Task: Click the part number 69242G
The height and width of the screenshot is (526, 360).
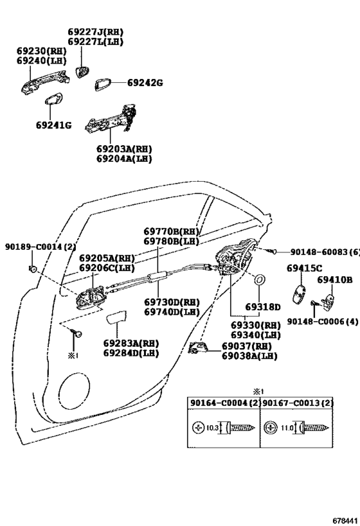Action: tap(145, 82)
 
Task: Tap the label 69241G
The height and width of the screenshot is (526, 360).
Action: tap(54, 125)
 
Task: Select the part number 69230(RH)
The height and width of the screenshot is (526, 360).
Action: tap(42, 51)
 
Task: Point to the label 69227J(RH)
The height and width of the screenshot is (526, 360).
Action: tap(96, 32)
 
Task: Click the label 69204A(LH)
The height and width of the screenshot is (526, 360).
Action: tap(124, 159)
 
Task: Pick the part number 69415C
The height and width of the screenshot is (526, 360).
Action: tap(304, 268)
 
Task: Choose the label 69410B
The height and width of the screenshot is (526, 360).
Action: tap(335, 279)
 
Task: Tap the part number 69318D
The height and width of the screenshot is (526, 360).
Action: tap(263, 307)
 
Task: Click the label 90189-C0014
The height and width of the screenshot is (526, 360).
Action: tap(33, 247)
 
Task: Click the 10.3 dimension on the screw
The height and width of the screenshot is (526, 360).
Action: tap(212, 428)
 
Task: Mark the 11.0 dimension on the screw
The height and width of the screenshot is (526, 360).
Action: tap(287, 428)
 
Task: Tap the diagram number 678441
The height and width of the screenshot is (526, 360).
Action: tap(345, 520)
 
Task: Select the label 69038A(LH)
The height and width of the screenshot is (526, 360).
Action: tap(249, 356)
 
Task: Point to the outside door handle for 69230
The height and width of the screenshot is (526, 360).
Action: tap(44, 82)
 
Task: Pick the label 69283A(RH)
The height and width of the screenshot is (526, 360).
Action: tap(131, 343)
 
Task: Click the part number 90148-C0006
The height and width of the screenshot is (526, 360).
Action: tap(316, 321)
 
